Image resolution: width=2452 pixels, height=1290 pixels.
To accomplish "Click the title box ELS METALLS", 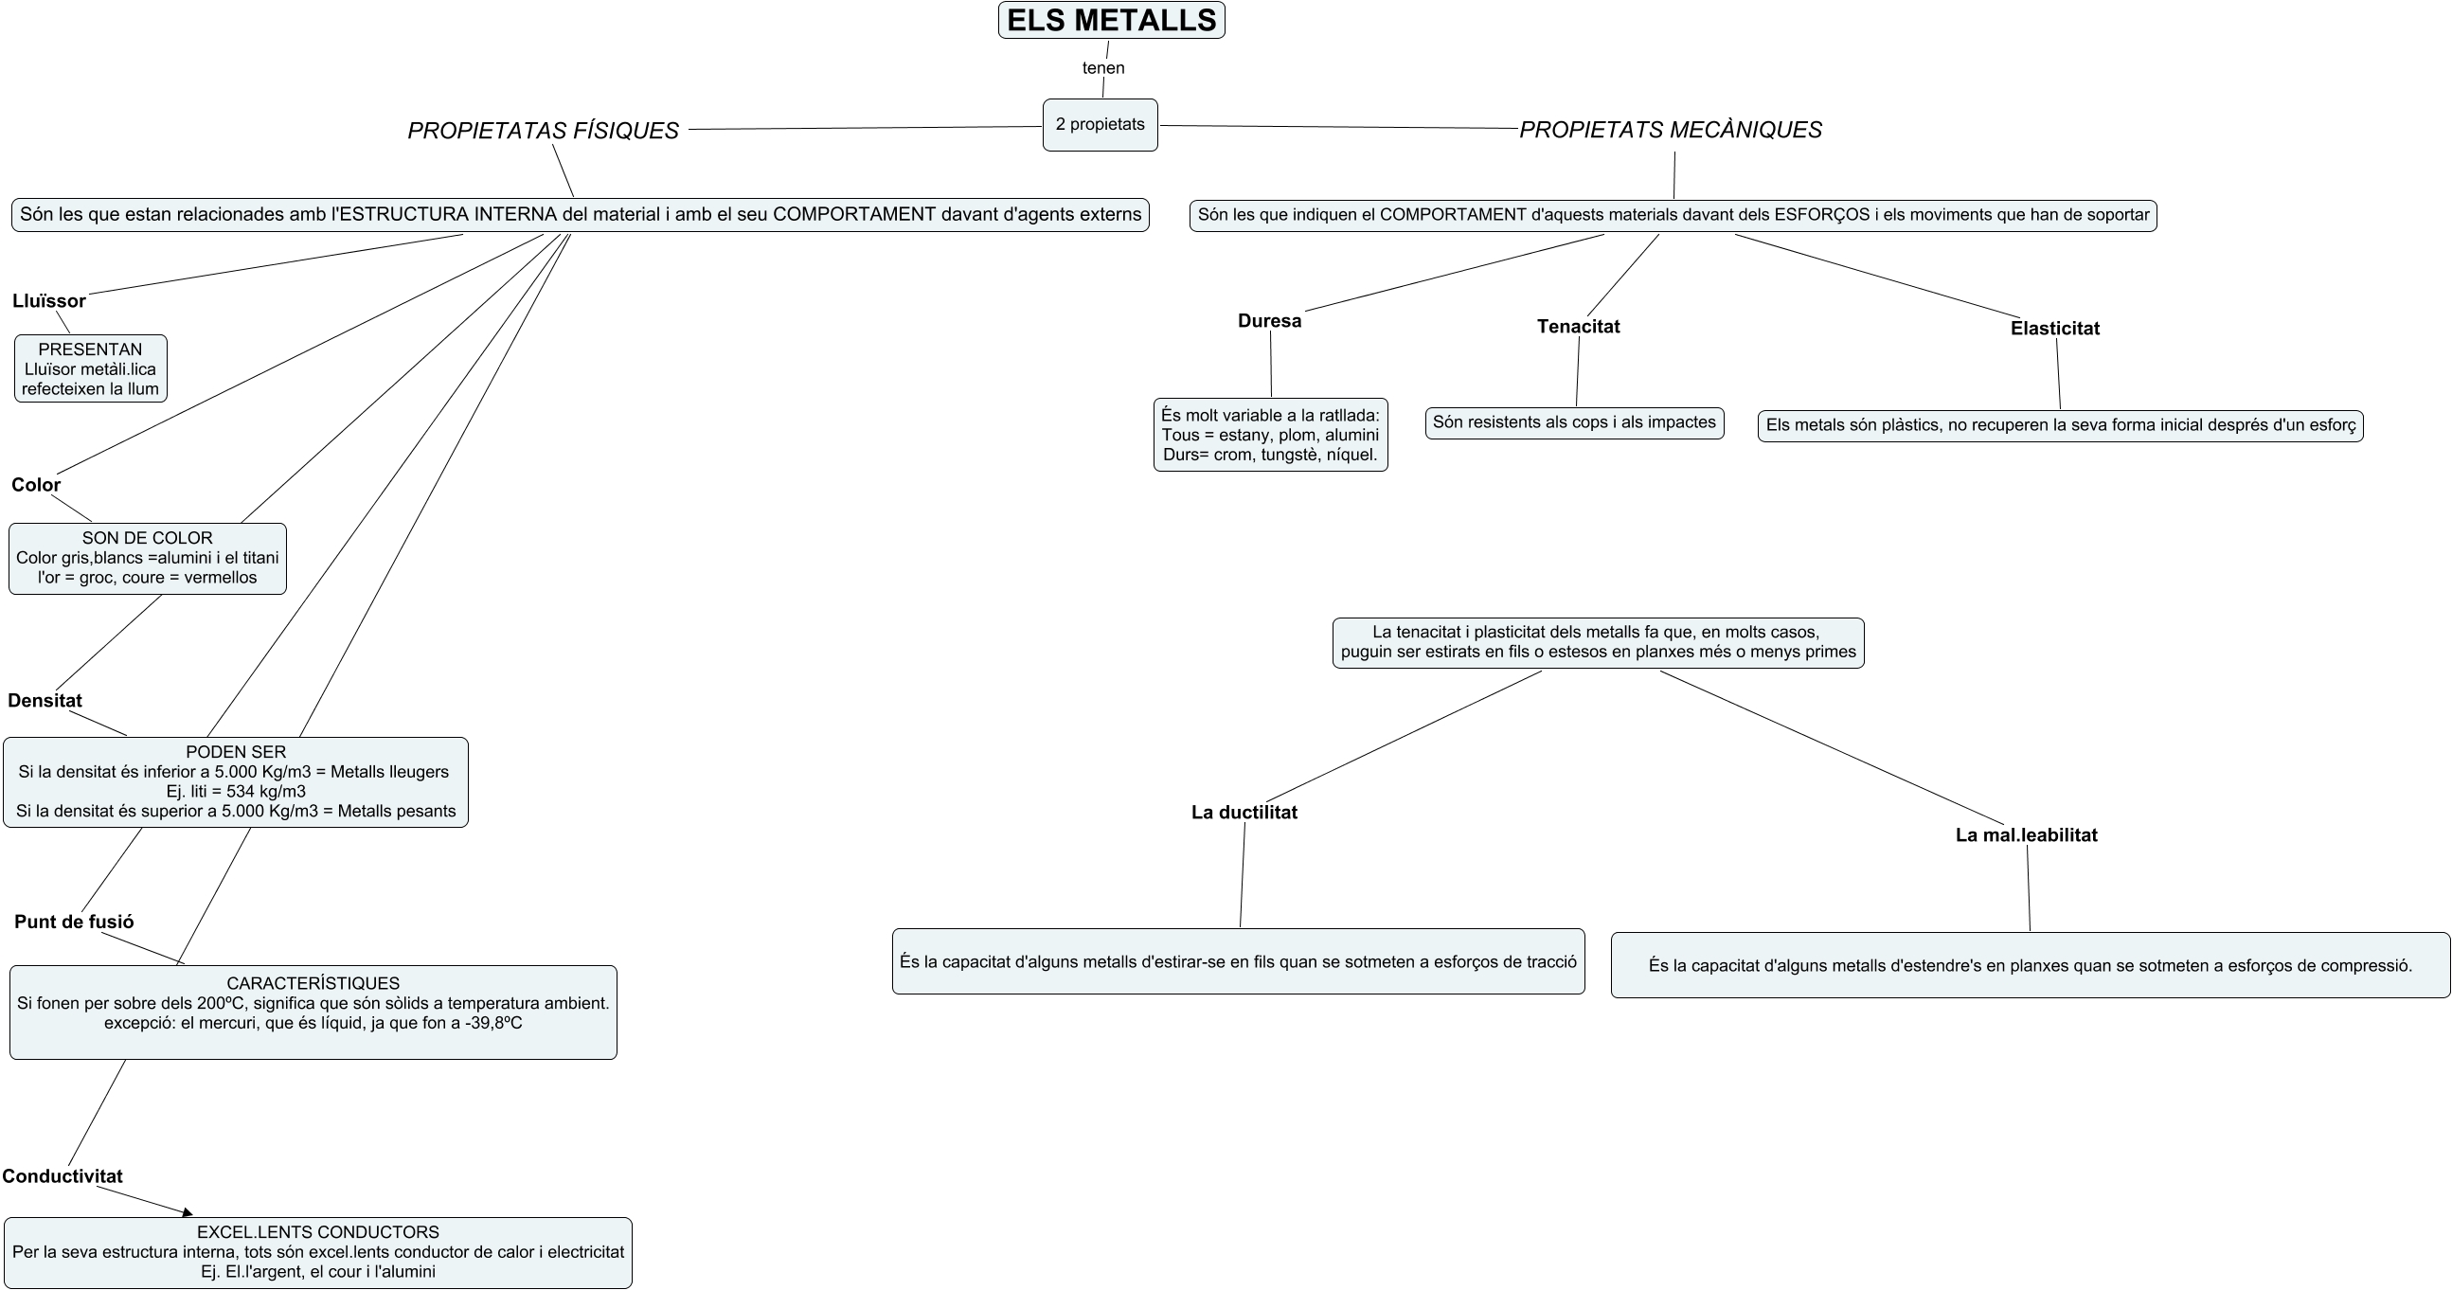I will [x=1111, y=20].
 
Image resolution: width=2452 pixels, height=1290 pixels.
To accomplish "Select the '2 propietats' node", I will [x=1100, y=125].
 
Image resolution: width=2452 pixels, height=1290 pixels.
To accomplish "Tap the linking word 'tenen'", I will [x=1103, y=67].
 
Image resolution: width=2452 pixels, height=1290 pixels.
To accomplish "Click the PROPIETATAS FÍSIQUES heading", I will [x=543, y=131].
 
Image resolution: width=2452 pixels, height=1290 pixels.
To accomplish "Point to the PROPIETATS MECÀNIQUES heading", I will [x=1671, y=130].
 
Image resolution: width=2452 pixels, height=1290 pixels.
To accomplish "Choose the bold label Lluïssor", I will [x=48, y=301].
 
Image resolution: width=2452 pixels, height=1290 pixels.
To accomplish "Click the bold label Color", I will [x=36, y=485].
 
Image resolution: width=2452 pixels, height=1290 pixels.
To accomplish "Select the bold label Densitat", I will [x=45, y=700].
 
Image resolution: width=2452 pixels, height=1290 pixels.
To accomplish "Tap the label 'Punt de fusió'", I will [x=74, y=922].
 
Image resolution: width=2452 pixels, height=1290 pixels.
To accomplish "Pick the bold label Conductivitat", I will [x=62, y=1175].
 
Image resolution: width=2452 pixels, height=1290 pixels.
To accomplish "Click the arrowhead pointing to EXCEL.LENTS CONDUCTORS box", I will [x=188, y=1212].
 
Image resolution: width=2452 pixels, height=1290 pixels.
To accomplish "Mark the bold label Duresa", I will [x=1269, y=321].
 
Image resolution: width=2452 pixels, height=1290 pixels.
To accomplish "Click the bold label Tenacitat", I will [x=1577, y=326].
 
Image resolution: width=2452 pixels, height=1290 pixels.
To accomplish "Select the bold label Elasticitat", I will [x=2054, y=328].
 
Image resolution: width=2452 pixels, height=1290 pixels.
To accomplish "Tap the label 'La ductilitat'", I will [x=1244, y=812].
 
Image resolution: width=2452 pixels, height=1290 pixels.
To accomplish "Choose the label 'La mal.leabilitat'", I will [x=2026, y=835].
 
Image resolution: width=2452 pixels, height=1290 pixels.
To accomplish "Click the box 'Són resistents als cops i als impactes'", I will [x=1573, y=422].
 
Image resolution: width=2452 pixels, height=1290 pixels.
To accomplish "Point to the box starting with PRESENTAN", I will [x=90, y=368].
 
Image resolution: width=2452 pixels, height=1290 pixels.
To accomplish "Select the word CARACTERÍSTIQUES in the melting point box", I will [x=313, y=982].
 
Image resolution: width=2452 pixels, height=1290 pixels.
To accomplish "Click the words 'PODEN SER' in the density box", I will [x=235, y=751].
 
